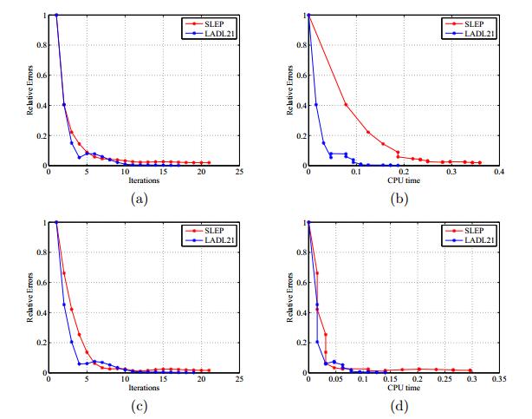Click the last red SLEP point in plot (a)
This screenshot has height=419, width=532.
click(209, 162)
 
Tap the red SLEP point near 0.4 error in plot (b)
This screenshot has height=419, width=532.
click(347, 105)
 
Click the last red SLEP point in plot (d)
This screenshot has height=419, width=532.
click(470, 370)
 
